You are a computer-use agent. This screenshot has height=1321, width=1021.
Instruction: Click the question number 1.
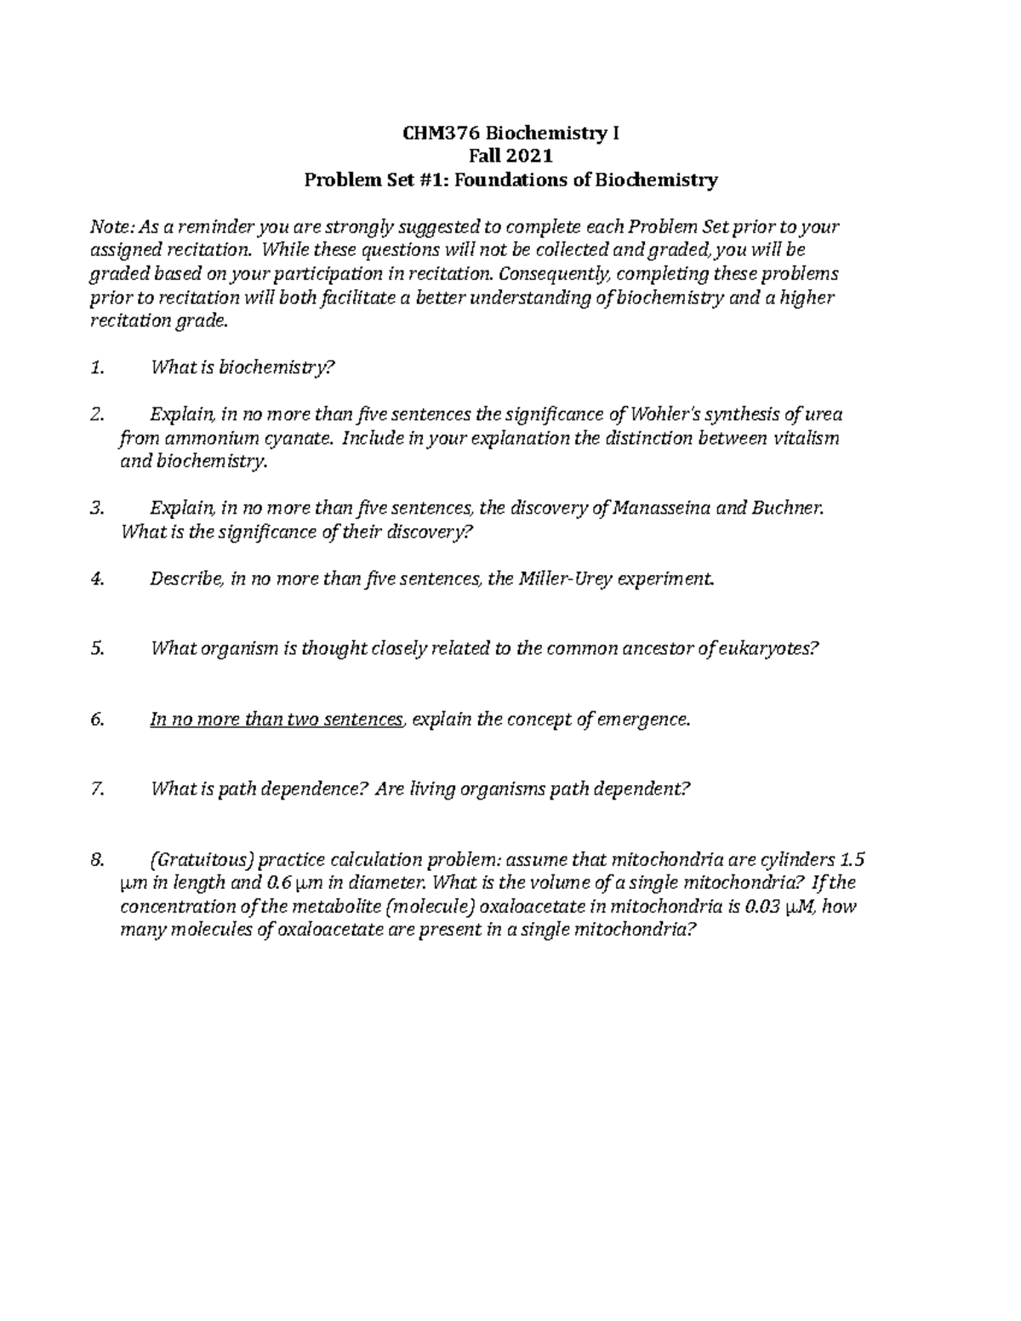[x=97, y=367]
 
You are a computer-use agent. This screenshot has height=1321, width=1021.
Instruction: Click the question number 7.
[x=97, y=789]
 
